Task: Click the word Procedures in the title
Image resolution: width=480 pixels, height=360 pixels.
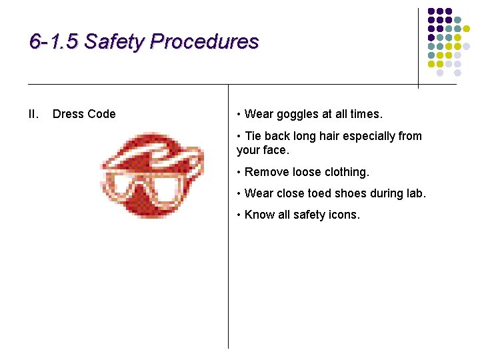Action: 204,42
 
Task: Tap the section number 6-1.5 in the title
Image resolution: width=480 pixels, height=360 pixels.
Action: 54,42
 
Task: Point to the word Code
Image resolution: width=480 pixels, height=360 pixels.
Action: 101,114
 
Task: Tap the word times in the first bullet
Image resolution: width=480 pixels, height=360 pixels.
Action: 365,114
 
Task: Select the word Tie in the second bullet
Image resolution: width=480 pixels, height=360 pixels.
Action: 253,136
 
